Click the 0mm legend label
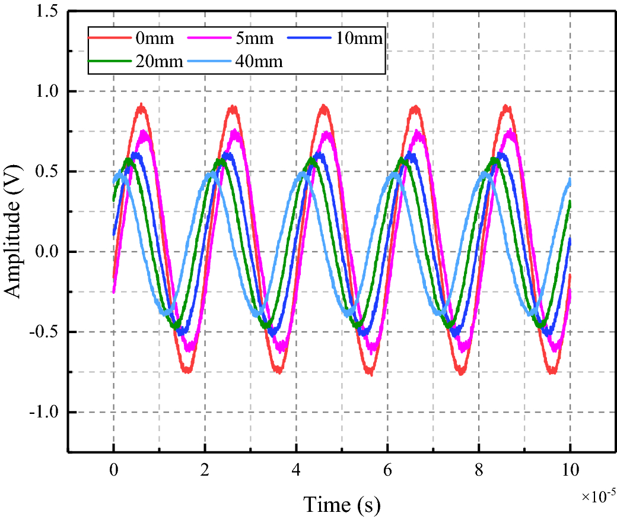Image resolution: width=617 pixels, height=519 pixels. [155, 39]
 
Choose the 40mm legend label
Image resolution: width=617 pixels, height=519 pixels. [259, 61]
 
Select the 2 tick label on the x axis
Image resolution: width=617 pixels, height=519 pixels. [205, 470]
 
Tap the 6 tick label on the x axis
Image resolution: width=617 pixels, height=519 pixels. [387, 470]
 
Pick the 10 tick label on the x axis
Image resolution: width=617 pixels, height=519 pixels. [570, 470]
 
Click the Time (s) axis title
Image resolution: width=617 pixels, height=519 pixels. [342, 505]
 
